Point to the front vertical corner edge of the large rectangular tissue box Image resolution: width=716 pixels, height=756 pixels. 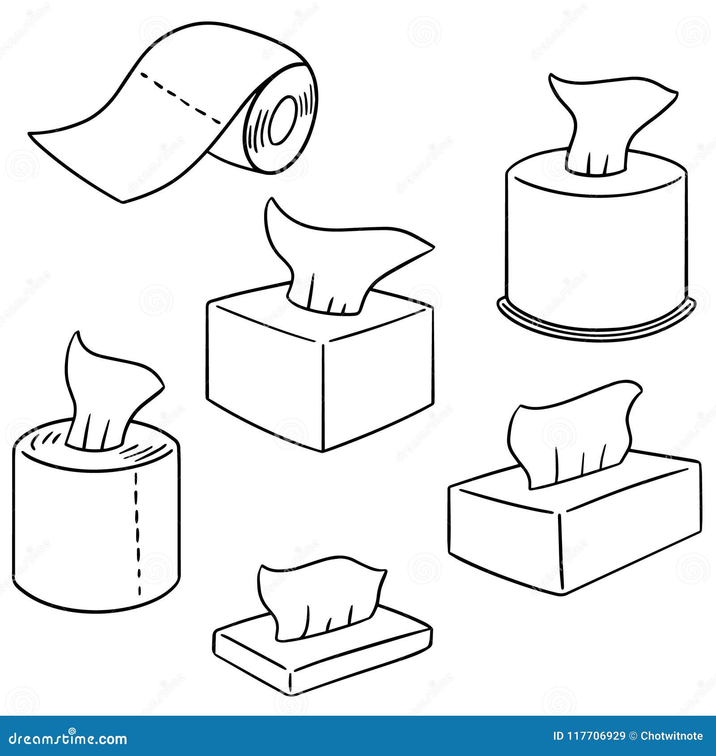[560, 552]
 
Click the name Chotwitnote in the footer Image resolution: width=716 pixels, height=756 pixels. [671, 736]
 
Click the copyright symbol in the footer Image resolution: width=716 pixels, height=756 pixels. [633, 736]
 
